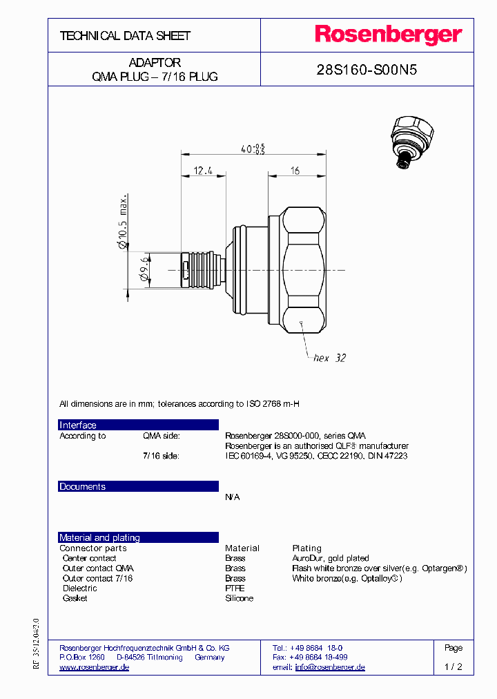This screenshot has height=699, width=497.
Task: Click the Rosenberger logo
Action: pos(389,35)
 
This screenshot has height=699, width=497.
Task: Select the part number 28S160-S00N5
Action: pos(367,70)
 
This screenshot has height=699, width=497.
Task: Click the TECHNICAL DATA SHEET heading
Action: pos(125,36)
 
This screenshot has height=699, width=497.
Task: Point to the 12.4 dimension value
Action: pos(202,170)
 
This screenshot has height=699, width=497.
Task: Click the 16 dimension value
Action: pos(295,171)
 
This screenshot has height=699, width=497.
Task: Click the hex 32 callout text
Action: pos(329,358)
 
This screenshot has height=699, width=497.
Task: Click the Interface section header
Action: pos(78,425)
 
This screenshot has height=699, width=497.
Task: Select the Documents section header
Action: pos(82,487)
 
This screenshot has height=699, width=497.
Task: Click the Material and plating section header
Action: pos(99,538)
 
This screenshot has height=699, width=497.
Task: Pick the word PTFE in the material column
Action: pos(235,588)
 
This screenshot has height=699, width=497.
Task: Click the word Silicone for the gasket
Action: pos(239,598)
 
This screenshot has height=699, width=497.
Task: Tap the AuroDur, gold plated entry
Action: pos(330,558)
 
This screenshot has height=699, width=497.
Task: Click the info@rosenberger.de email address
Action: pos(330,667)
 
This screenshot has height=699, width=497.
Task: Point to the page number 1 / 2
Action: pos(454,667)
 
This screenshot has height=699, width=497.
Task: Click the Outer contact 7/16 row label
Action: pos(97,578)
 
